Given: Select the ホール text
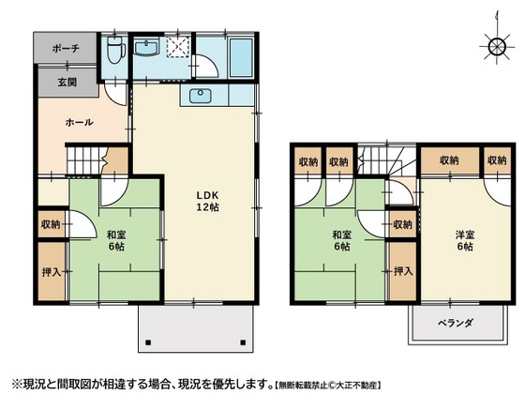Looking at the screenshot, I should [x=78, y=123].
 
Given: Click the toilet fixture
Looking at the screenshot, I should [x=115, y=51].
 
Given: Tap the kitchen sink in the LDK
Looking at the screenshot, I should [x=200, y=95].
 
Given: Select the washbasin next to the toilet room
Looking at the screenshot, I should [x=147, y=49].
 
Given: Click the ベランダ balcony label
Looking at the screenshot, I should [x=457, y=323].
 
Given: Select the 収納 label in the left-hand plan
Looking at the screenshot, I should [x=51, y=225].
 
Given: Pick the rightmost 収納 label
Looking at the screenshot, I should [x=497, y=161].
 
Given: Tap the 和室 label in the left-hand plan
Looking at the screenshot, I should [x=115, y=239].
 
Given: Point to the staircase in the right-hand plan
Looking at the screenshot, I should [x=382, y=161].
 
